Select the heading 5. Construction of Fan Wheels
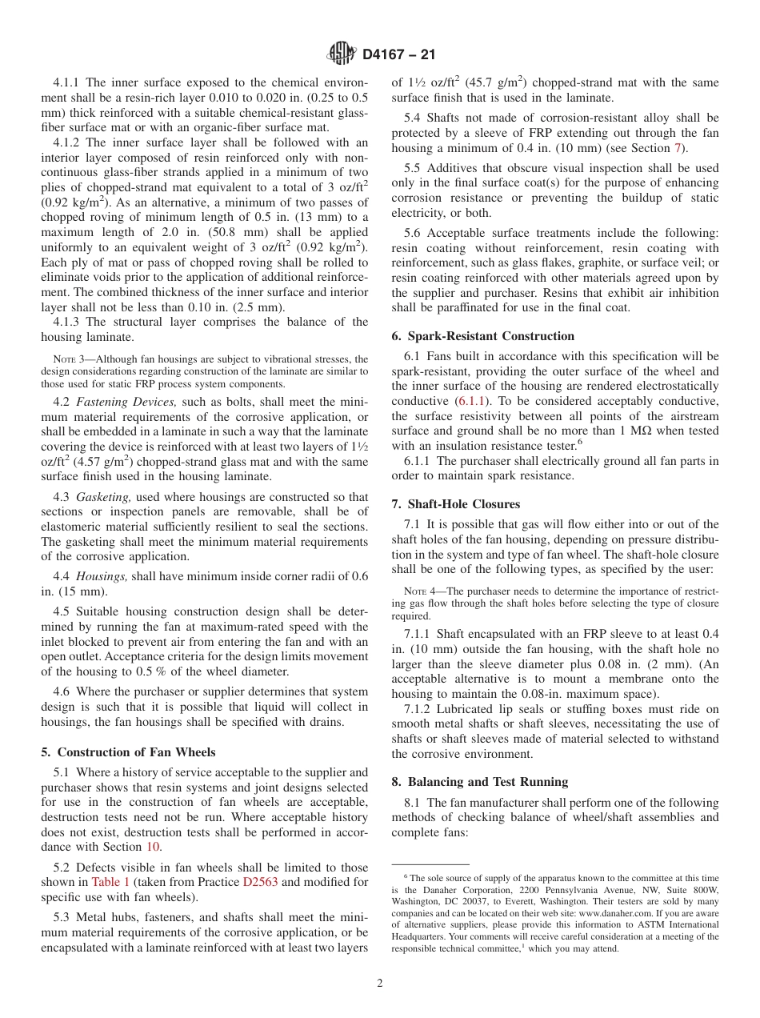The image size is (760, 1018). (124, 751)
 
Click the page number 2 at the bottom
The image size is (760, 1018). (380, 984)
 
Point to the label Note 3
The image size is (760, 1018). (69, 359)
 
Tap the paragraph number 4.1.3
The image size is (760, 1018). (68, 322)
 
